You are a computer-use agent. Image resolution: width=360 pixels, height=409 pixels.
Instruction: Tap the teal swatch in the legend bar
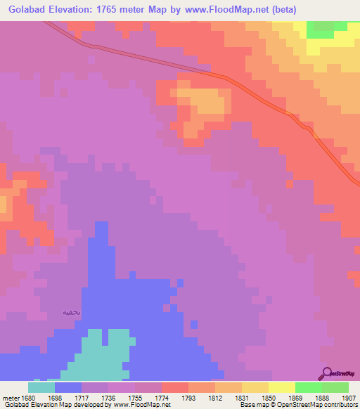click(x=41, y=387)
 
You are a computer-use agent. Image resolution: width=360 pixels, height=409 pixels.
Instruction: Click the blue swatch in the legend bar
click(x=68, y=387)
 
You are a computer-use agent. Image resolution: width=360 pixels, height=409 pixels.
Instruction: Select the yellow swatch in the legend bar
click(x=281, y=387)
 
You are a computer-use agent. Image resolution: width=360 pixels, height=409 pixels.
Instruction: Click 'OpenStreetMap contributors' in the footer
click(x=321, y=405)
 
